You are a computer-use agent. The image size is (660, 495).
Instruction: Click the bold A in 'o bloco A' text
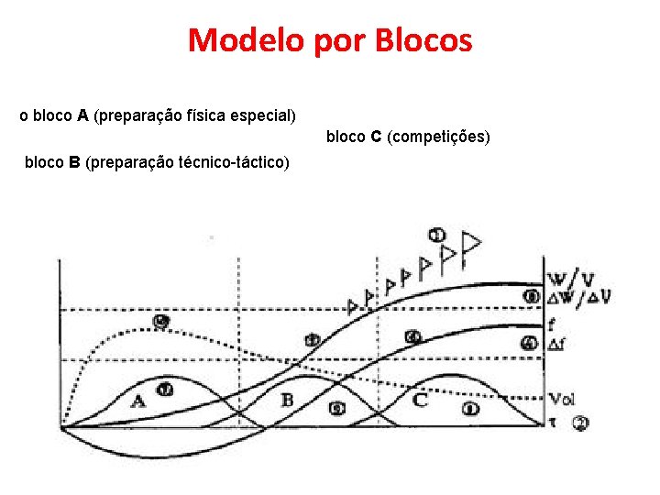(x=82, y=115)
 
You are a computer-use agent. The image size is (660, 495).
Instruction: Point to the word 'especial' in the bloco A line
(x=263, y=116)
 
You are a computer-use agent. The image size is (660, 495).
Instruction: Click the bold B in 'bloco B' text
(x=74, y=162)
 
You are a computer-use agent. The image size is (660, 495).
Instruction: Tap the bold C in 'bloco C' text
(x=376, y=137)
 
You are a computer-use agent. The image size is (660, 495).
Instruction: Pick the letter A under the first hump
(x=138, y=401)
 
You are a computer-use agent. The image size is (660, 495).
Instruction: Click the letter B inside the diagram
(x=287, y=400)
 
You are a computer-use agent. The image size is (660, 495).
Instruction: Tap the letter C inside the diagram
(x=420, y=400)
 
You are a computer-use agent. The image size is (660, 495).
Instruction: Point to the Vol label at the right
(x=562, y=399)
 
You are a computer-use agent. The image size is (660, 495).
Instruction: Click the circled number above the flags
(x=437, y=236)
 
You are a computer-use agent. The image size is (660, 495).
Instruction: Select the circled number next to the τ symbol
(x=581, y=423)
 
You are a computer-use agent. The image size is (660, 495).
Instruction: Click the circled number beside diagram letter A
(x=165, y=390)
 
